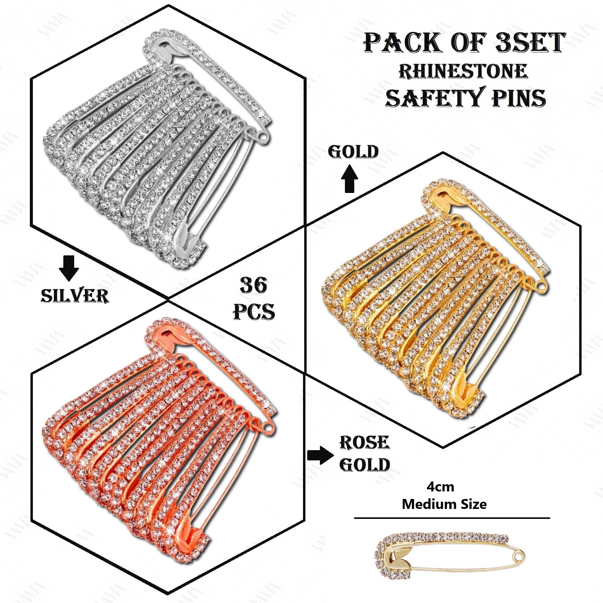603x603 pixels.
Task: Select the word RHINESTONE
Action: coord(463,71)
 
